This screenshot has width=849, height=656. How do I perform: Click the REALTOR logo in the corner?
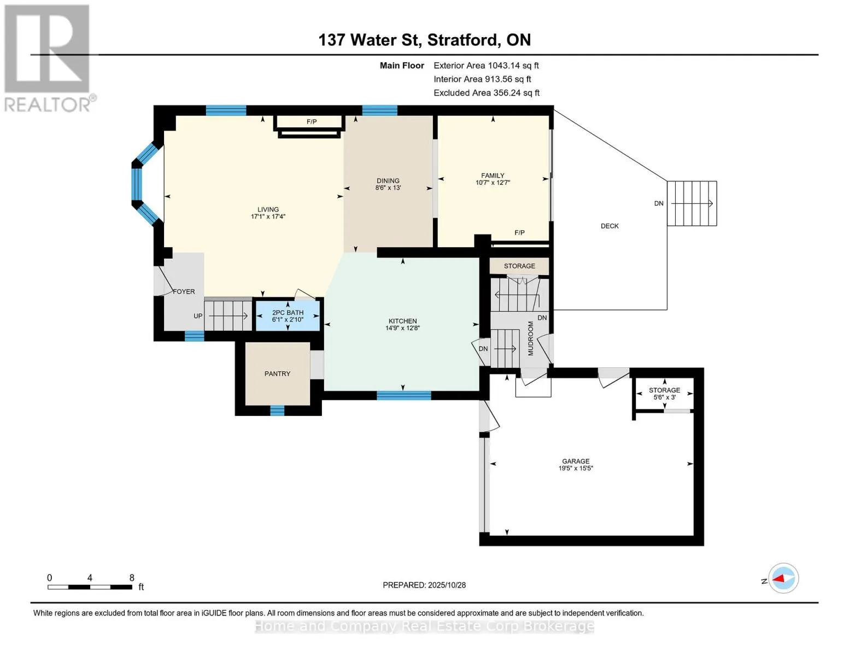point(48,58)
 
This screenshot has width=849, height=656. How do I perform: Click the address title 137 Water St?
point(424,40)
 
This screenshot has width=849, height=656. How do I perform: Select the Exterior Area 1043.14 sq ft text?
point(486,66)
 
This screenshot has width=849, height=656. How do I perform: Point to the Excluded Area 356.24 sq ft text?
point(486,93)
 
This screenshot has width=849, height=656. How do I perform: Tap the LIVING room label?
point(268,209)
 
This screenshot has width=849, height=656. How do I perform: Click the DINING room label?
point(388,181)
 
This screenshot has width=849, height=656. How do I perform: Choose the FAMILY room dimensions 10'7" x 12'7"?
point(493,183)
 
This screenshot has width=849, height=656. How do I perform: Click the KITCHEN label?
point(402,321)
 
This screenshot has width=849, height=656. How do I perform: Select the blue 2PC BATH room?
point(288,317)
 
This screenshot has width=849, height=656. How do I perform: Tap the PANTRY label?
point(277,374)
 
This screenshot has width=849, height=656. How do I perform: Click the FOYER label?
point(184,292)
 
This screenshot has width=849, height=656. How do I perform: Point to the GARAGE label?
point(576,461)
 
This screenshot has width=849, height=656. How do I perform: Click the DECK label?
point(610,226)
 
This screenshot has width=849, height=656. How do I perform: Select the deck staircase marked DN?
point(692,203)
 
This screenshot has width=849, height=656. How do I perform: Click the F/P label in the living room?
point(312,122)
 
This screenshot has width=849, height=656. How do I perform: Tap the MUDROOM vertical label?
point(530,338)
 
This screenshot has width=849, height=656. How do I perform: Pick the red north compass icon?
point(783,578)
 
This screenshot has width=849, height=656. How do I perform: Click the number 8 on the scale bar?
point(132,578)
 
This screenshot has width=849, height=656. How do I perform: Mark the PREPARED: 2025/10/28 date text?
point(424,585)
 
